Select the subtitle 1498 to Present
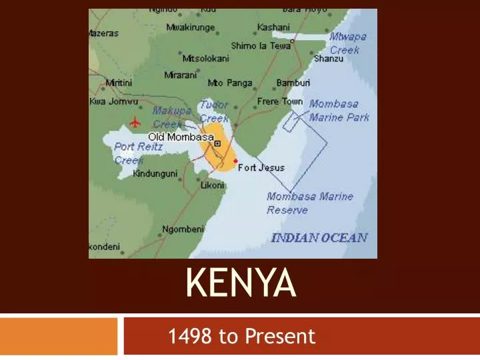click(242, 337)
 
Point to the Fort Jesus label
click(261, 167)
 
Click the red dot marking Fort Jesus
click(235, 161)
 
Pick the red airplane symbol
click(136, 122)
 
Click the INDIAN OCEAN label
click(319, 238)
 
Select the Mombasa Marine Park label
click(339, 111)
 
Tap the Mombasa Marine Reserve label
click(309, 203)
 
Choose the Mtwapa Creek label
click(348, 43)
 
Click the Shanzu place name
click(328, 59)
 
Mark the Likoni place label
click(213, 185)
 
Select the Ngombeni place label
click(183, 230)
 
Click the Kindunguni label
click(155, 173)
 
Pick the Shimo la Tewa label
click(261, 46)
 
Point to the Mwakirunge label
click(191, 27)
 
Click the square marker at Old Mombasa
click(217, 142)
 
